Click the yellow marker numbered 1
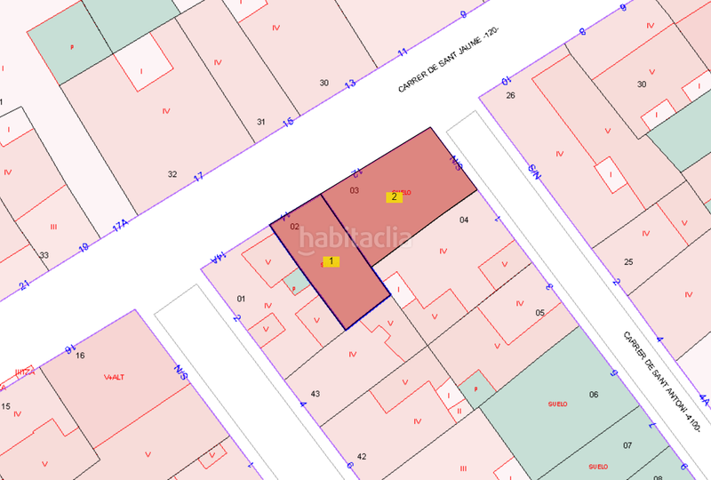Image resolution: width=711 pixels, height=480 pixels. [331, 261]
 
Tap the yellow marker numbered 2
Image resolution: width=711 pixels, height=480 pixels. [394, 196]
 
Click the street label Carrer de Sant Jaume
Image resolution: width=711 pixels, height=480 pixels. [448, 61]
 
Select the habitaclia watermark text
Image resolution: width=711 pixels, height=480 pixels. [355, 237]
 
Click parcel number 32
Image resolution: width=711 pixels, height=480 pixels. [172, 174]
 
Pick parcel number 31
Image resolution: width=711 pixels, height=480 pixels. [260, 122]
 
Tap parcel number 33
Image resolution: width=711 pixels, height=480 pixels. [44, 254]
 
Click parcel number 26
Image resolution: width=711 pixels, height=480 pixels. [510, 95]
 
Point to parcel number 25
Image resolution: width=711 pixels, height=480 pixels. [628, 261]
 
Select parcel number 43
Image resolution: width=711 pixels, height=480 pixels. [315, 393]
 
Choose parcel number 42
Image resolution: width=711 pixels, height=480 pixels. [362, 456]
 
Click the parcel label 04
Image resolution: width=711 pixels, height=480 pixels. [463, 219]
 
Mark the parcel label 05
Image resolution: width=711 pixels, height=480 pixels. [539, 313]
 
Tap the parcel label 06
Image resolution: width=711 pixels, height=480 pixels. [594, 395]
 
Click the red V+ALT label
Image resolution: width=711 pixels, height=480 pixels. [114, 377]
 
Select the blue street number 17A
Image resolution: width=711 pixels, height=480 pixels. [120, 224]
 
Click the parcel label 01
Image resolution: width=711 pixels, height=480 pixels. [240, 299]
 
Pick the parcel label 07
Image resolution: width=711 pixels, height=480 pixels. [627, 444]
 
